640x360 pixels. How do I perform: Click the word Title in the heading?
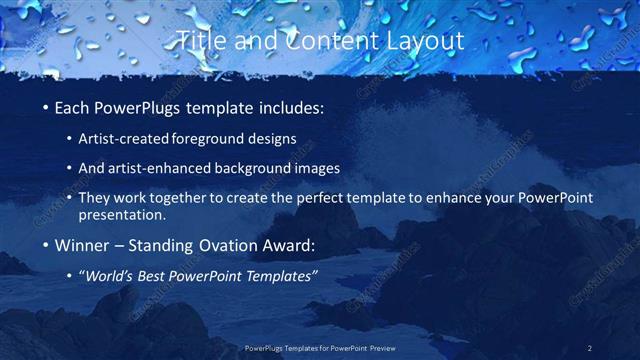200,41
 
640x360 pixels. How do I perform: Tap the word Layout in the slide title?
424,41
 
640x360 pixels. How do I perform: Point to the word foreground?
212,138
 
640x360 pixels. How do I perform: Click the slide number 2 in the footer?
590,348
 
